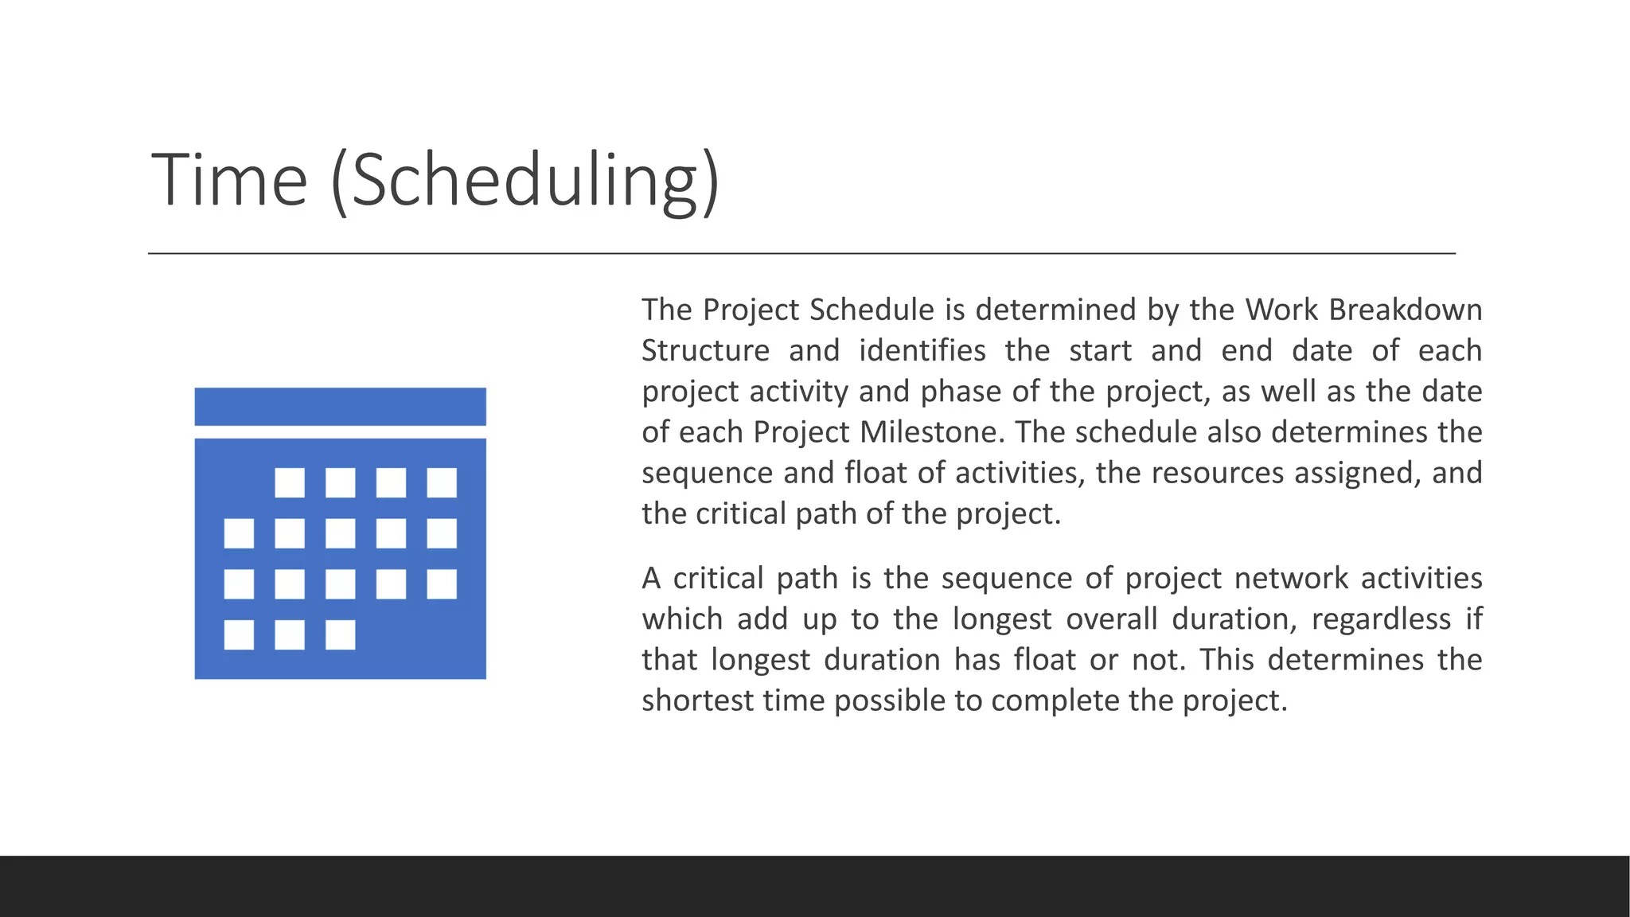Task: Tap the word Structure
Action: tap(705, 351)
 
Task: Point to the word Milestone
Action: tap(927, 432)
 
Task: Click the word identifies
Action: tap(922, 351)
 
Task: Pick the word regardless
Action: tap(1381, 619)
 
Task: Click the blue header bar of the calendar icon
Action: tap(340, 407)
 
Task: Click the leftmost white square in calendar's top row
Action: tap(290, 482)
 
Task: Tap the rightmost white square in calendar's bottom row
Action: tap(341, 635)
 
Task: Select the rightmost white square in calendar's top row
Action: tap(442, 482)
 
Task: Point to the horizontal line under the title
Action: tap(801, 253)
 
